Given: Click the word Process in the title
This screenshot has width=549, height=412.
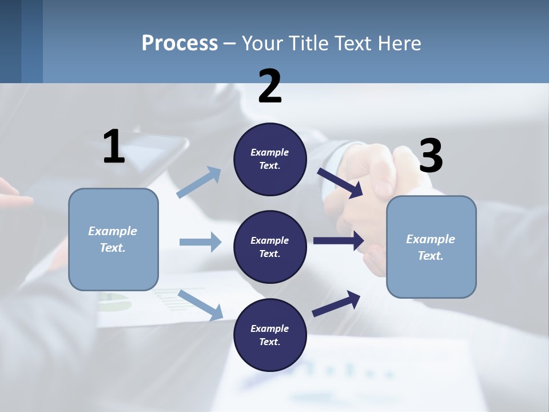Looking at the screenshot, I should click(x=180, y=43).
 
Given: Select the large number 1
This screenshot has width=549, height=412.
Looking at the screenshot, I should click(x=114, y=146).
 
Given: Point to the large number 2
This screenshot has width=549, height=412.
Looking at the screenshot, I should click(x=270, y=86).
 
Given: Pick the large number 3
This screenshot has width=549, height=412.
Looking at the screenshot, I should click(x=431, y=156).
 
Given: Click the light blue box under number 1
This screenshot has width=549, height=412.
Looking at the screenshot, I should click(x=113, y=239).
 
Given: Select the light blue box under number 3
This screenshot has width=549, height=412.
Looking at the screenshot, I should click(x=431, y=247).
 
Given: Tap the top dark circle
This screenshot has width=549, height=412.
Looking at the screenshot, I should click(x=270, y=159).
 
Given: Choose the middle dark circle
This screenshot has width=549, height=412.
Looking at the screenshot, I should click(x=270, y=247).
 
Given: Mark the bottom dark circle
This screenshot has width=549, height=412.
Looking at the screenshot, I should click(x=270, y=335).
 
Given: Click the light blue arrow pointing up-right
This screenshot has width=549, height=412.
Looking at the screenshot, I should click(x=199, y=183).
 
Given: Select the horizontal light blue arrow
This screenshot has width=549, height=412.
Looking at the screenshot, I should click(x=200, y=242).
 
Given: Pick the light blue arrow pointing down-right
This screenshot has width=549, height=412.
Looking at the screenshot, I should click(x=200, y=304).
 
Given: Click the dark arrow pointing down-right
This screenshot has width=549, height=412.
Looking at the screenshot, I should click(x=340, y=183).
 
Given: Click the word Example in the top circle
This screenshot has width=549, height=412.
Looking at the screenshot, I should click(x=270, y=152).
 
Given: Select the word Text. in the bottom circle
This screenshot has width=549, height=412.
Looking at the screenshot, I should click(x=270, y=342).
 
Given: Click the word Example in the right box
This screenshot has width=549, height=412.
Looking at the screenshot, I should click(x=431, y=239).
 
